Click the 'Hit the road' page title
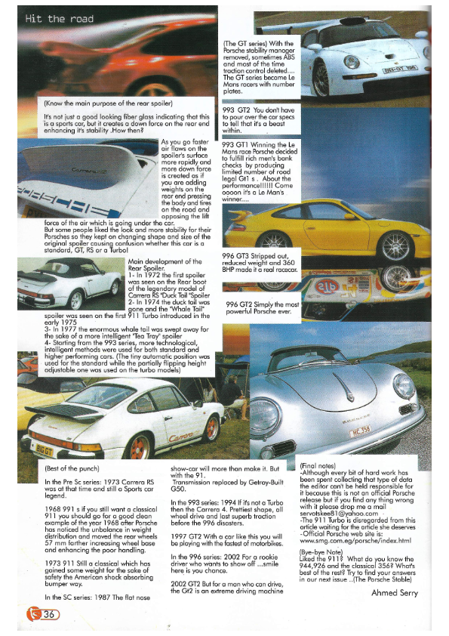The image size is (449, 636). point(60,19)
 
